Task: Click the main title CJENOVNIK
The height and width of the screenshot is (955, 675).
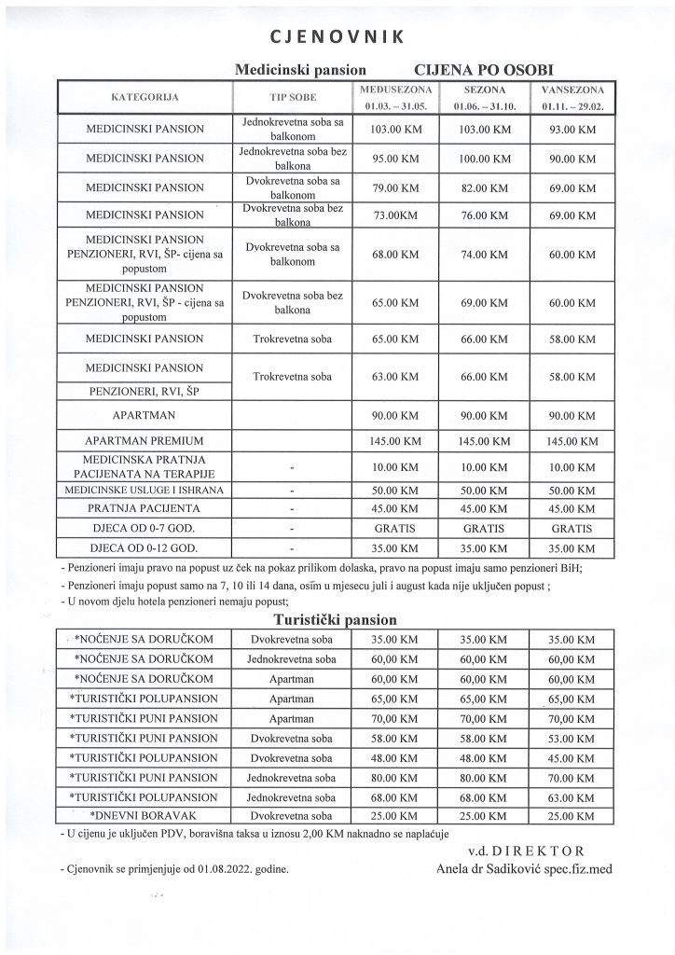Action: (x=337, y=37)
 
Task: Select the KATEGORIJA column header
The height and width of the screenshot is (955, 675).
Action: (x=145, y=97)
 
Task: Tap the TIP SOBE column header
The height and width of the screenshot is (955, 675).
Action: (x=294, y=97)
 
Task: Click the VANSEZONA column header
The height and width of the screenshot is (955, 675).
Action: (x=572, y=90)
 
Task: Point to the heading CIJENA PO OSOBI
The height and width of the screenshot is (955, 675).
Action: (x=489, y=69)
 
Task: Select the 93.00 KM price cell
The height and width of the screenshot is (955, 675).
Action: (x=572, y=129)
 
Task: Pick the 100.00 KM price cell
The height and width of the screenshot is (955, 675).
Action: (x=485, y=159)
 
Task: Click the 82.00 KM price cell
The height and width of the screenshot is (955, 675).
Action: (x=485, y=187)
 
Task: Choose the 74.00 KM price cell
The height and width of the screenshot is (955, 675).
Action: (x=485, y=253)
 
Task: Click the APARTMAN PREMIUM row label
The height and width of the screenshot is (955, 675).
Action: (x=145, y=439)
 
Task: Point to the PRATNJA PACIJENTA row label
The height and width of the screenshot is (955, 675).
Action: (x=145, y=508)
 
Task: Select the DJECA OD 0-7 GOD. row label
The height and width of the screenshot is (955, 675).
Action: (x=145, y=528)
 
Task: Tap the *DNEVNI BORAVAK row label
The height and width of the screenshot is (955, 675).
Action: (x=145, y=815)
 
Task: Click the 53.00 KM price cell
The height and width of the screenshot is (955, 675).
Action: (x=572, y=737)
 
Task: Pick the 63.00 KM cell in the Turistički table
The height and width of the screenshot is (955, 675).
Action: (x=572, y=796)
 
